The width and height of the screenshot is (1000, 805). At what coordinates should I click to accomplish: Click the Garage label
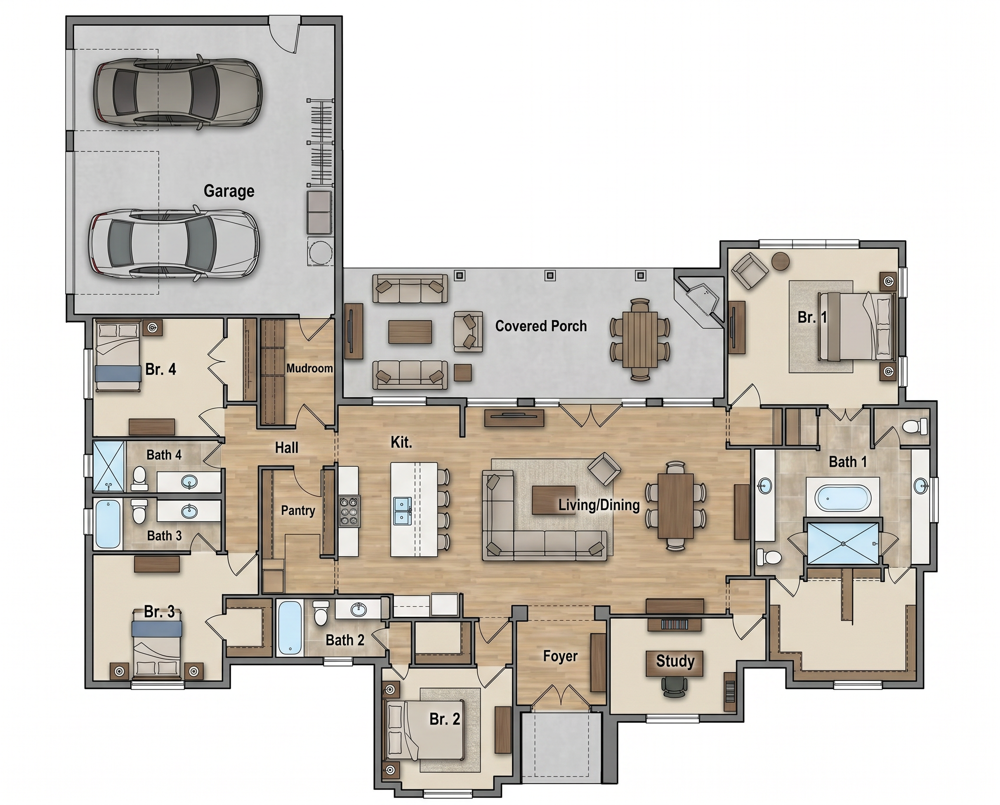coord(229,191)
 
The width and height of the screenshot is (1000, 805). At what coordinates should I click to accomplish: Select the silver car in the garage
coord(174,244)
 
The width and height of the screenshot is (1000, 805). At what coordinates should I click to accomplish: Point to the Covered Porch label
coord(541,326)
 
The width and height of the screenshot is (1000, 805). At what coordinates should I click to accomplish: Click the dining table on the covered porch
coord(640,339)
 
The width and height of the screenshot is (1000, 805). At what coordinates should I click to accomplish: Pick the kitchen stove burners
coord(349,511)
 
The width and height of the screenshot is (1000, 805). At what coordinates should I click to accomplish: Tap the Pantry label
coord(298,510)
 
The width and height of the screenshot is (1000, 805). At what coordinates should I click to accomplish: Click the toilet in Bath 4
coord(139,478)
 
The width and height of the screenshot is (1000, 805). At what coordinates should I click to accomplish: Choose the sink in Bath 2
coord(358,609)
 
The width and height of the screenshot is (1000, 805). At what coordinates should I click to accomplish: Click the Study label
coord(675,661)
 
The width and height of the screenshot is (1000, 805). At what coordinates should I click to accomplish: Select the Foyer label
coord(560,656)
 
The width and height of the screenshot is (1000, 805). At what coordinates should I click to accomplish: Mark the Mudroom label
coord(309,368)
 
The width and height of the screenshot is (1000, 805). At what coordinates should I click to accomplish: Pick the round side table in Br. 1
coord(780,261)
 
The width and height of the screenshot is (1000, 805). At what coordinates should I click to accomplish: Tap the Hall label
coord(286,448)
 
